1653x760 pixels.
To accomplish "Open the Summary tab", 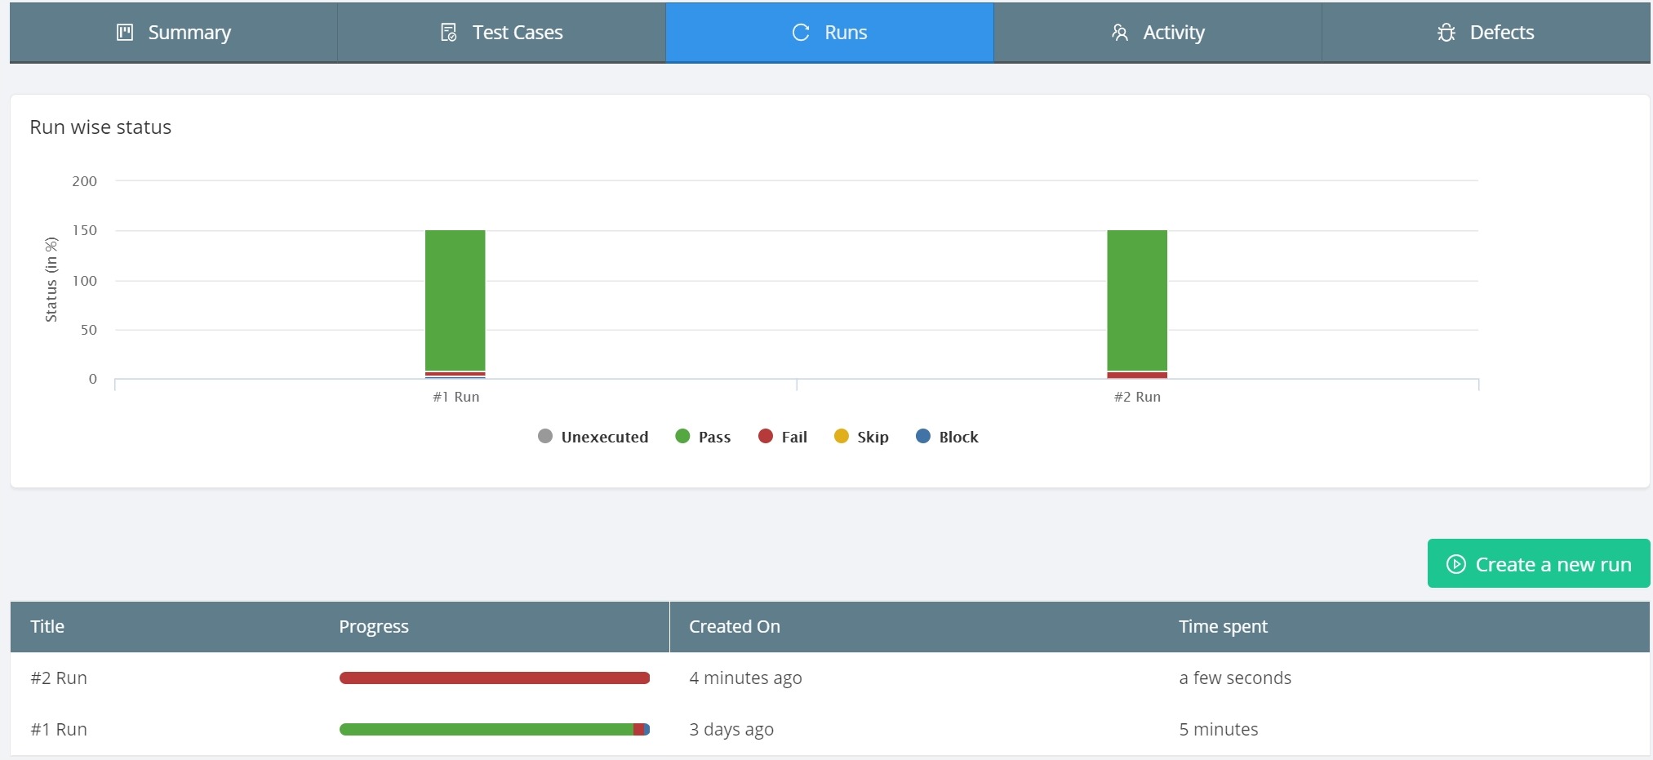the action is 173,33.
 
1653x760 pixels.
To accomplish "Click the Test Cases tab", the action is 501,33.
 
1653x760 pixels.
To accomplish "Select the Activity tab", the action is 1158,33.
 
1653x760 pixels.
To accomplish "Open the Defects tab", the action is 1486,33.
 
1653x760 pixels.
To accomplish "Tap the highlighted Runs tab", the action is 829,33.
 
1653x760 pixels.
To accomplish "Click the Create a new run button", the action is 1539,563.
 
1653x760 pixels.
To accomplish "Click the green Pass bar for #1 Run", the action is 455,300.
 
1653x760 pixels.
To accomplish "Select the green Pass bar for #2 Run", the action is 1137,300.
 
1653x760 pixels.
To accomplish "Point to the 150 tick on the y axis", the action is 85,230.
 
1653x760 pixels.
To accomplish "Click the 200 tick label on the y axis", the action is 85,181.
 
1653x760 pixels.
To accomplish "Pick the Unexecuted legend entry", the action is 593,437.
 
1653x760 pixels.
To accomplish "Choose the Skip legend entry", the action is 861,437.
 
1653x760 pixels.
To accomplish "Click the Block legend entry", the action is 947,437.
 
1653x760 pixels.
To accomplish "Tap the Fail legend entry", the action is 783,437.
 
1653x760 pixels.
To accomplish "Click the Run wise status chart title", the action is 100,127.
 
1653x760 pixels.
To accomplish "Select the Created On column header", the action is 735,626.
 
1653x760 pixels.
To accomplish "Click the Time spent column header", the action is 1223,626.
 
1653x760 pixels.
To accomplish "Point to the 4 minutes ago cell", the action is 745,678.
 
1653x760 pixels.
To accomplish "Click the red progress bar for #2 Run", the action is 495,678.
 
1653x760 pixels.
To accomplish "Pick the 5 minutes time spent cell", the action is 1218,729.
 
